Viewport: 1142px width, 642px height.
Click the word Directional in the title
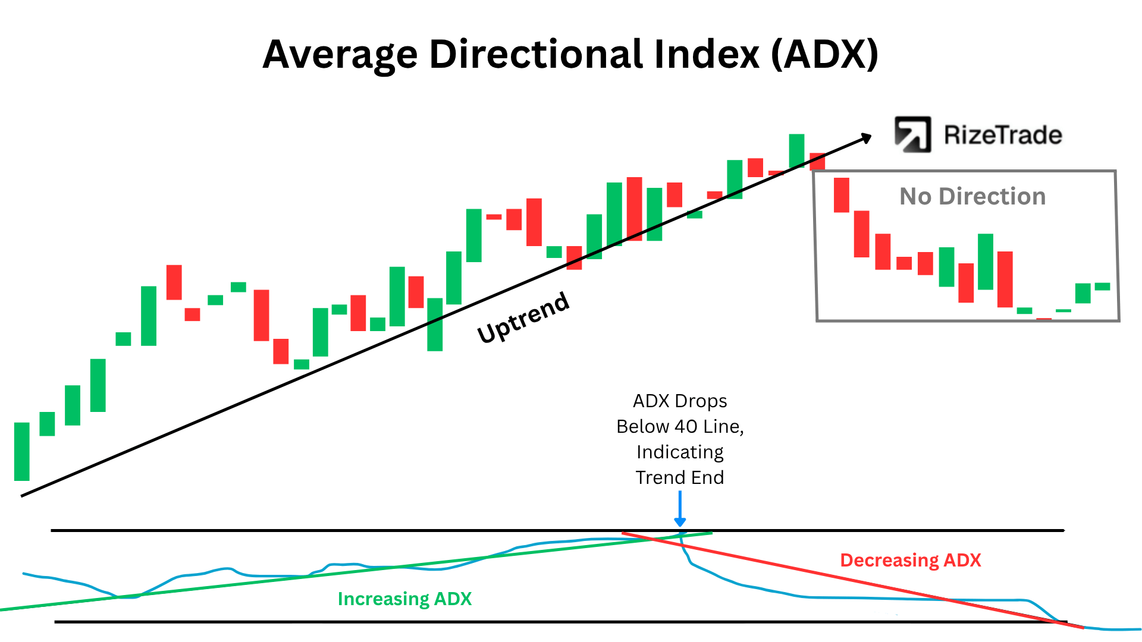536,55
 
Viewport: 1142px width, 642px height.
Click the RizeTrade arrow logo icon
912,134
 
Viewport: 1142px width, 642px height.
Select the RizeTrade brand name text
1003,136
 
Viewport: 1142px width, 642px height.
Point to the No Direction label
972,196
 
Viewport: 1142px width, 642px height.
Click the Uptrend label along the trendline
523,318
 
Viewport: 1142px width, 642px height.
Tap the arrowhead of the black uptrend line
865,139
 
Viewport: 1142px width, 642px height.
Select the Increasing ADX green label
404,599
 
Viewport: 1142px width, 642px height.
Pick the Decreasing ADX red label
910,560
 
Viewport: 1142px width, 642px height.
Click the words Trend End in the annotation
680,477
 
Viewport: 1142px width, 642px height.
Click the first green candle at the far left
22,451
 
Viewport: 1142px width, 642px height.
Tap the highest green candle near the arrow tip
796,150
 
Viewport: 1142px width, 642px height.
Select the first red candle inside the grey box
842,195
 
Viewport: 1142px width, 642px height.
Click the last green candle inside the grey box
1102,287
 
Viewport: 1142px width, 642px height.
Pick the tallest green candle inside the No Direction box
986,262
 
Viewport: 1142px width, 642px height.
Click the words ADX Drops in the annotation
680,401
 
